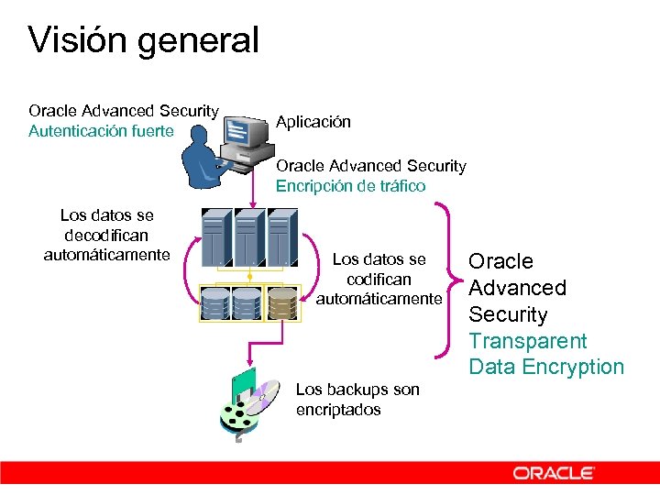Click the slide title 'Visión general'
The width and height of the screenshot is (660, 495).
(144, 40)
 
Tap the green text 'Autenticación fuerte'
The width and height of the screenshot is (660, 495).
(101, 131)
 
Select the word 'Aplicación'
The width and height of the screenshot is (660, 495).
(313, 122)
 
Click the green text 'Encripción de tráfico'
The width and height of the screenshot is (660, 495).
(351, 186)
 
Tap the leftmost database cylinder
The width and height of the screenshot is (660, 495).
(215, 303)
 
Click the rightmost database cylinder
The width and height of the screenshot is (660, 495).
(281, 303)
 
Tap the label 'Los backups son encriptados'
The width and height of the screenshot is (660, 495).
(357, 400)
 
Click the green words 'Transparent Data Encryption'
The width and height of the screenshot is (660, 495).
(545, 354)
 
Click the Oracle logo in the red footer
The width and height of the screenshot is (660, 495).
(554, 473)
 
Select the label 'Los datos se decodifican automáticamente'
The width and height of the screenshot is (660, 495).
(106, 235)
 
